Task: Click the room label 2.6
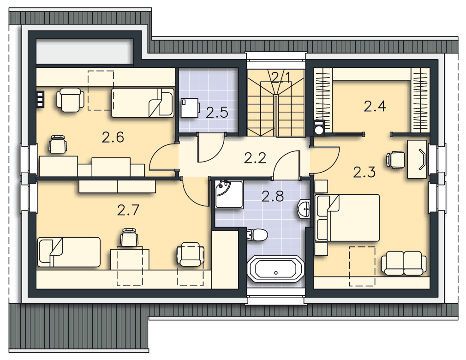(113, 138)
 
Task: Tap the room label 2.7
(128, 210)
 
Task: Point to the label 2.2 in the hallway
(255, 158)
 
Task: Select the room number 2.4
(375, 107)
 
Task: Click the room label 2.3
(364, 172)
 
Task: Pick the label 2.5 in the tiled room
(217, 113)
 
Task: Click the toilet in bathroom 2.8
(257, 235)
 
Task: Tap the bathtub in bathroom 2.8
(276, 269)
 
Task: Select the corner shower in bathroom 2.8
(228, 194)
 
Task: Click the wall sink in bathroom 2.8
(304, 209)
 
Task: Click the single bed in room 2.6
(143, 102)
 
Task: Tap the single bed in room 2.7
(69, 252)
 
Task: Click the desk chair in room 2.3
(395, 160)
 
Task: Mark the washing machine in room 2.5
(190, 108)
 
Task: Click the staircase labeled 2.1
(276, 102)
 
